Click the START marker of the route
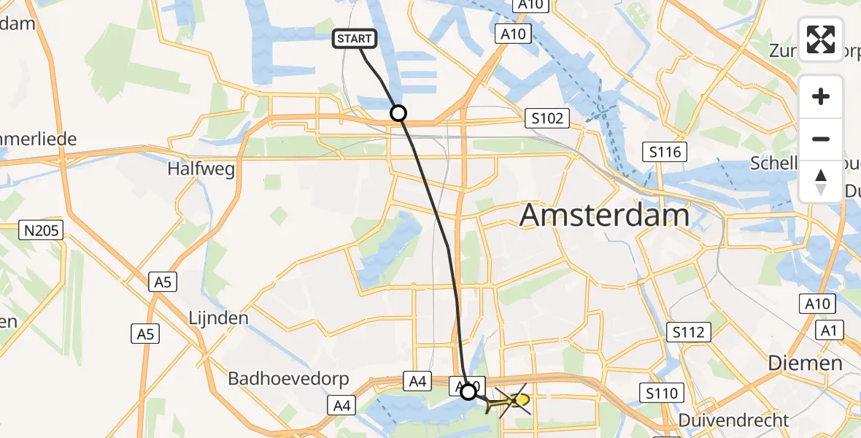pos(355,39)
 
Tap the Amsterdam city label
pos(604,216)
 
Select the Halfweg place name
pos(201,169)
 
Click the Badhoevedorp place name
pos(289,379)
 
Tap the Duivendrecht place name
pos(733,420)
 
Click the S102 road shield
pos(547,118)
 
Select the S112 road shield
pos(688,333)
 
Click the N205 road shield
pos(42,231)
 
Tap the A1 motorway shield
pos(827,331)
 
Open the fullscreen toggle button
pos(821,39)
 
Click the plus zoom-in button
pos(821,96)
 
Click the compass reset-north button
pos(821,181)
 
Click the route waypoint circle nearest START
pos(398,113)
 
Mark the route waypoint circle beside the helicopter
pos(468,392)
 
